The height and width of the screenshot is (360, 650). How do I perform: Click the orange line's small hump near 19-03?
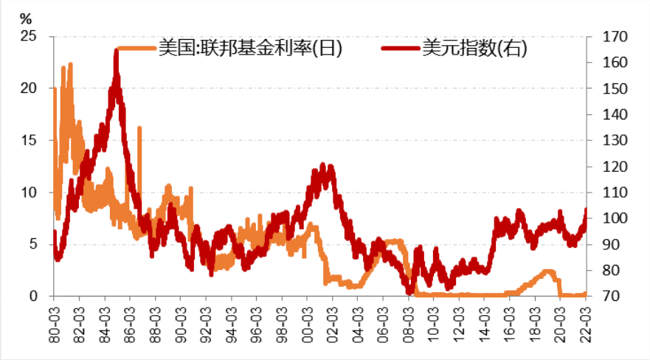pos(547,271)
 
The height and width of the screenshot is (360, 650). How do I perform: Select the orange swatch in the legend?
pos(136,49)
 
